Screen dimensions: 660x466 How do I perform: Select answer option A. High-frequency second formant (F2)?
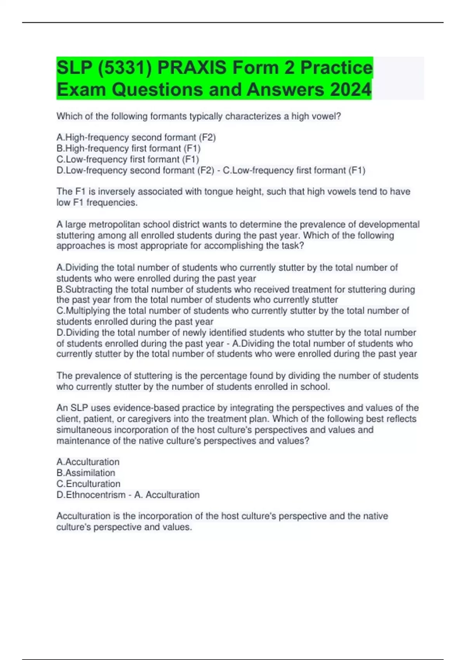(136, 137)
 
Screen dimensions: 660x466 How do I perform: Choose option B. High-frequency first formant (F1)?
(129, 148)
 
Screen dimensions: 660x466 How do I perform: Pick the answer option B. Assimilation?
(86, 473)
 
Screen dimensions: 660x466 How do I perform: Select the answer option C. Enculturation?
(89, 484)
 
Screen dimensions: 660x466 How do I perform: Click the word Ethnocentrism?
(96, 495)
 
